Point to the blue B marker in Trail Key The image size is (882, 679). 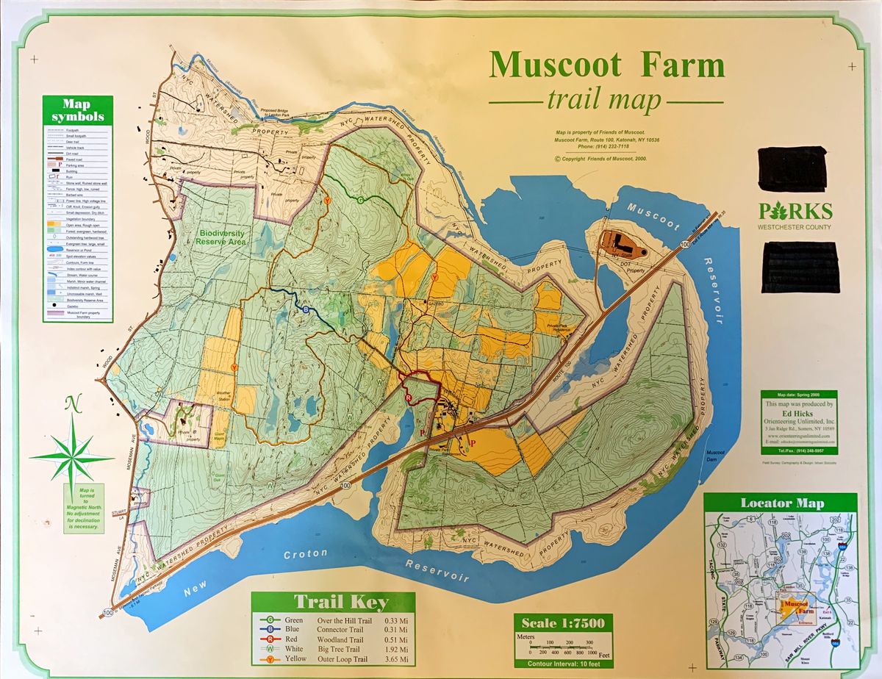click(x=270, y=629)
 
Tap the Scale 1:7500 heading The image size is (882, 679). click(x=563, y=624)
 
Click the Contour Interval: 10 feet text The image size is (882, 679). click(x=563, y=664)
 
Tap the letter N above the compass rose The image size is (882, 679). click(x=71, y=403)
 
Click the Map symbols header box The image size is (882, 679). click(x=77, y=110)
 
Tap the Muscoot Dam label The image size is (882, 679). click(x=715, y=455)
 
